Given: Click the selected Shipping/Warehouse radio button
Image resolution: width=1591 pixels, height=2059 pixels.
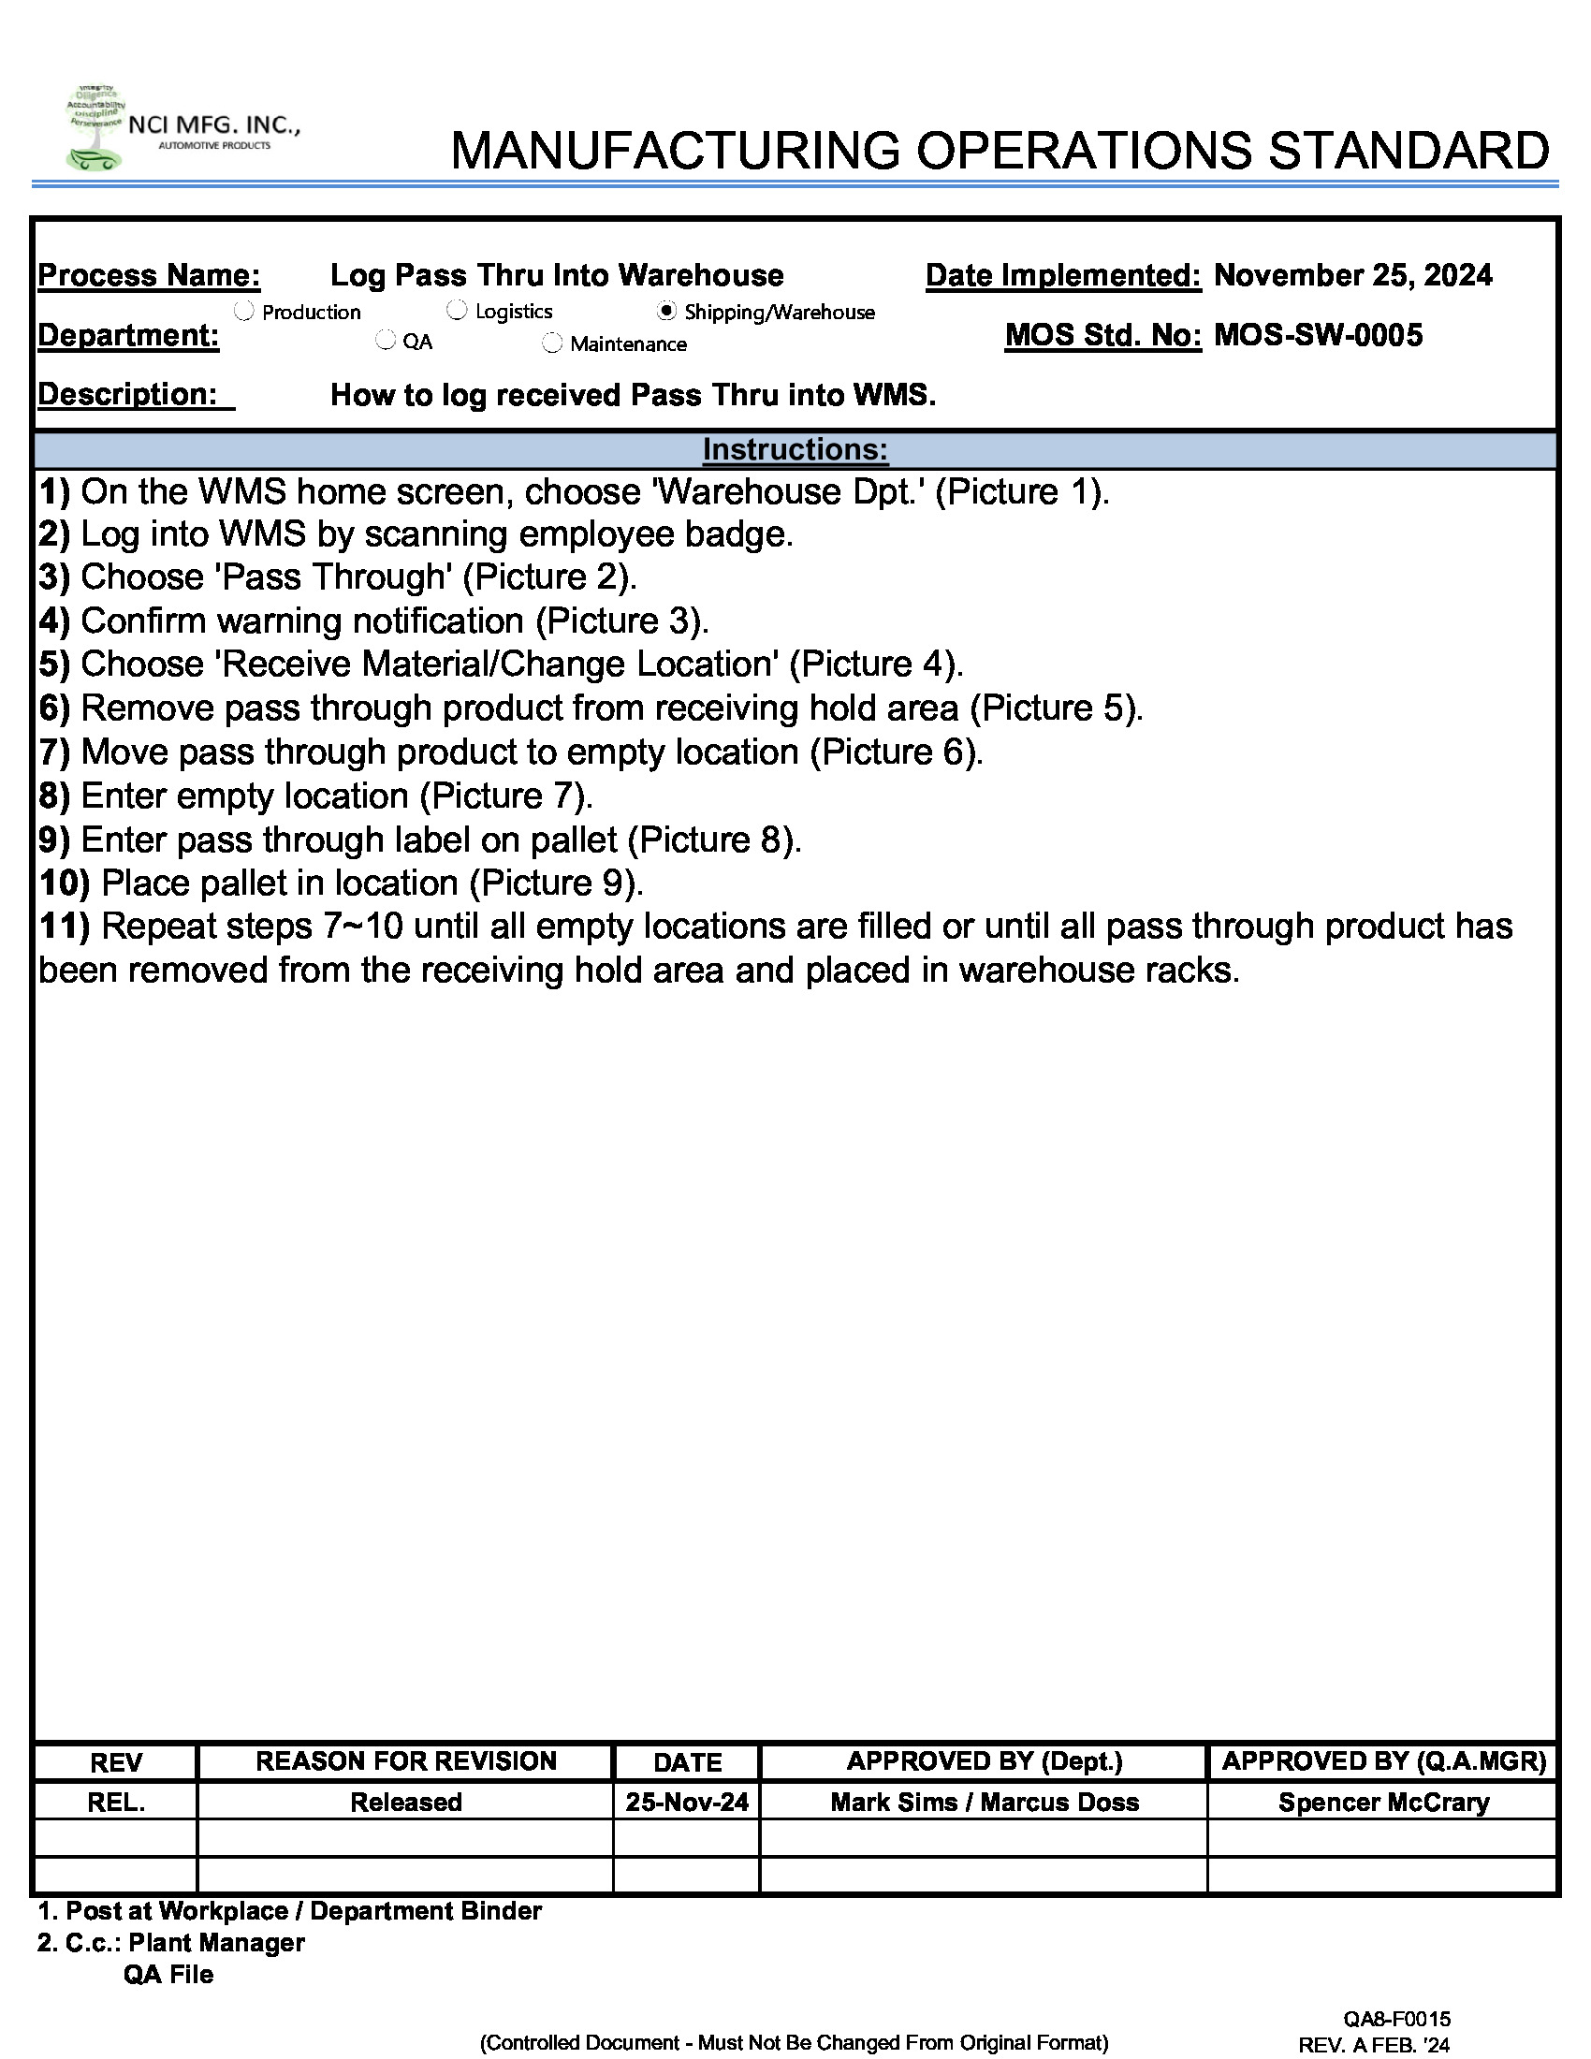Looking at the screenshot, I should click(x=666, y=310).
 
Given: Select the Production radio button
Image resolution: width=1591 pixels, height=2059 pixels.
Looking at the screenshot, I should click(x=244, y=310).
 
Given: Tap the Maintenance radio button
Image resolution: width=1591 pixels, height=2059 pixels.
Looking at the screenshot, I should click(x=552, y=343).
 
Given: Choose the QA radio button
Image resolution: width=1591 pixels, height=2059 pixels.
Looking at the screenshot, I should click(x=386, y=341).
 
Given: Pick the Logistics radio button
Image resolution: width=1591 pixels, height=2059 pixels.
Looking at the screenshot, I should click(x=457, y=309).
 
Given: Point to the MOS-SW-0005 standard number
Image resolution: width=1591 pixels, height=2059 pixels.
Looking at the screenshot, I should click(x=1318, y=336).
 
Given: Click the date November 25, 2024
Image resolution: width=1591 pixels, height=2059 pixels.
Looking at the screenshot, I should click(x=1352, y=275).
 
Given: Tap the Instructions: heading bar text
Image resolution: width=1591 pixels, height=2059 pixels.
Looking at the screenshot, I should click(x=795, y=449).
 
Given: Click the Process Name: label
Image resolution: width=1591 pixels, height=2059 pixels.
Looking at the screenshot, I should click(x=149, y=275).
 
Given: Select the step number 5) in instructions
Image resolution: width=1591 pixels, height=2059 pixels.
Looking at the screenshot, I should click(x=54, y=664).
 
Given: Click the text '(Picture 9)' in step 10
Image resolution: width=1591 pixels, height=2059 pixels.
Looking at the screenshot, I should click(x=556, y=883).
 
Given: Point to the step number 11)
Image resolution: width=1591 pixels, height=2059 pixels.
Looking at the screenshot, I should click(x=64, y=927).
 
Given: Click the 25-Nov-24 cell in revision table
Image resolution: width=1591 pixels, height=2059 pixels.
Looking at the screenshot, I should click(x=686, y=1802).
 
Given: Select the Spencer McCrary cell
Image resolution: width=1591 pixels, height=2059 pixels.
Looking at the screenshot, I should click(x=1382, y=1802).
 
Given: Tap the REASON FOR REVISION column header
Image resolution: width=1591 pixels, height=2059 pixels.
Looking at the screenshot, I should click(x=405, y=1761).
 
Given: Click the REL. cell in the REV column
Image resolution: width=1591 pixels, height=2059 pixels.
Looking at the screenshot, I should click(x=116, y=1802).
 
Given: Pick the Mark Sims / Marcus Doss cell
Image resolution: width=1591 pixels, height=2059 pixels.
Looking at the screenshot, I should click(x=984, y=1802).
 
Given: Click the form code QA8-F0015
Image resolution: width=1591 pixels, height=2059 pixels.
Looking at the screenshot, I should click(x=1396, y=2018).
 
